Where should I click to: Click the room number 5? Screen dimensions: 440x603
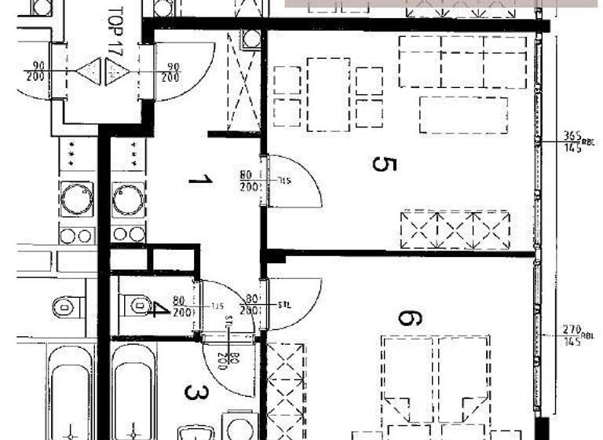[384, 165]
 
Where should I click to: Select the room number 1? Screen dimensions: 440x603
[201, 181]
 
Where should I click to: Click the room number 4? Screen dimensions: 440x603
[159, 306]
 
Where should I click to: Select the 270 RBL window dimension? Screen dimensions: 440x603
[571, 333]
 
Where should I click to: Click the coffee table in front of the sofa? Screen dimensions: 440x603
[463, 115]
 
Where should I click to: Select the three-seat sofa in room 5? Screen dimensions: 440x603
[462, 61]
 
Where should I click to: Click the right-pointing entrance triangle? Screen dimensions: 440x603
[117, 73]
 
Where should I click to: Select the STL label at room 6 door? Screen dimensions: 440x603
[284, 305]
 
